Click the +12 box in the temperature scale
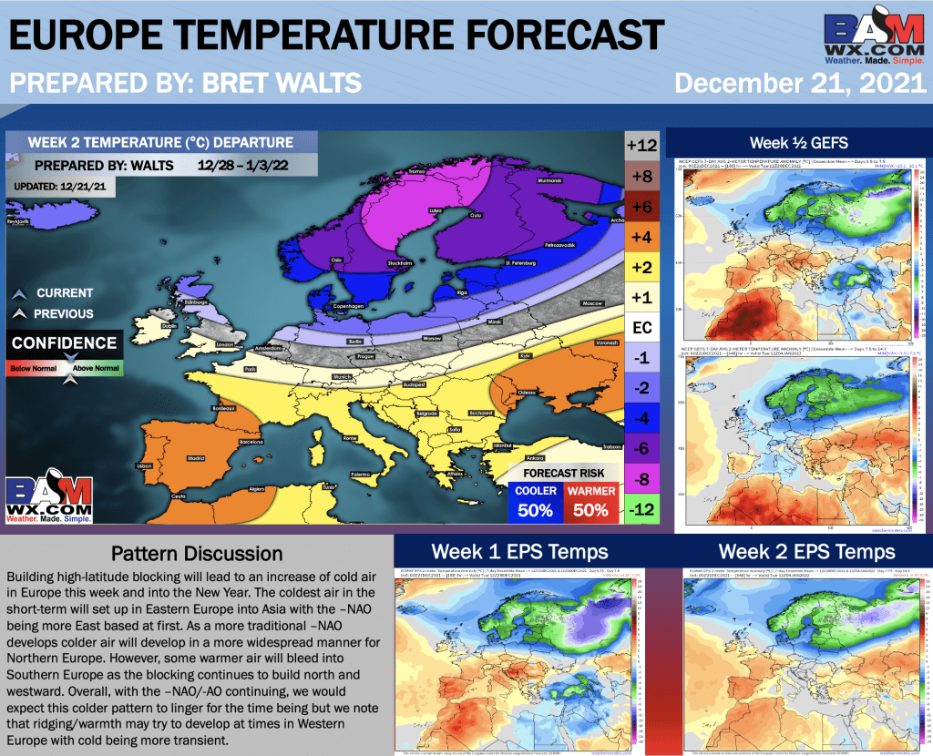pyautogui.click(x=642, y=146)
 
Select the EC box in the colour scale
pyautogui.click(x=642, y=326)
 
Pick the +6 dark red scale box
pyautogui.click(x=642, y=207)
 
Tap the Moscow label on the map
pyautogui.click(x=593, y=301)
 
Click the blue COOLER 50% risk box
pyautogui.click(x=536, y=501)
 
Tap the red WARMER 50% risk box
pyautogui.click(x=591, y=501)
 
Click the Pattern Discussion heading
pyautogui.click(x=196, y=553)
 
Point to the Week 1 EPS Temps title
pyautogui.click(x=519, y=551)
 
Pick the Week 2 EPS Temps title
pyautogui.click(x=806, y=551)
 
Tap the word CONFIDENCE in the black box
pyautogui.click(x=64, y=343)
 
